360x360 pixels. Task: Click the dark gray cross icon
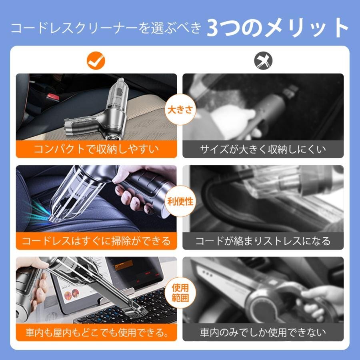point(263,61)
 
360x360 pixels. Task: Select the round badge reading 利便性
point(180,201)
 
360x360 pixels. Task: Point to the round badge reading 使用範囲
point(180,293)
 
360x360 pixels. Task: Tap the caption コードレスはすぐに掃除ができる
point(96,241)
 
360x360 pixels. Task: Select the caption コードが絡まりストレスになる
point(263,241)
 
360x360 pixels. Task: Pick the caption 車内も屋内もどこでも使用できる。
point(96,332)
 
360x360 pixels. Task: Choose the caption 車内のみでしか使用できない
point(263,332)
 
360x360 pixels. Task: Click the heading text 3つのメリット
point(278,28)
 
